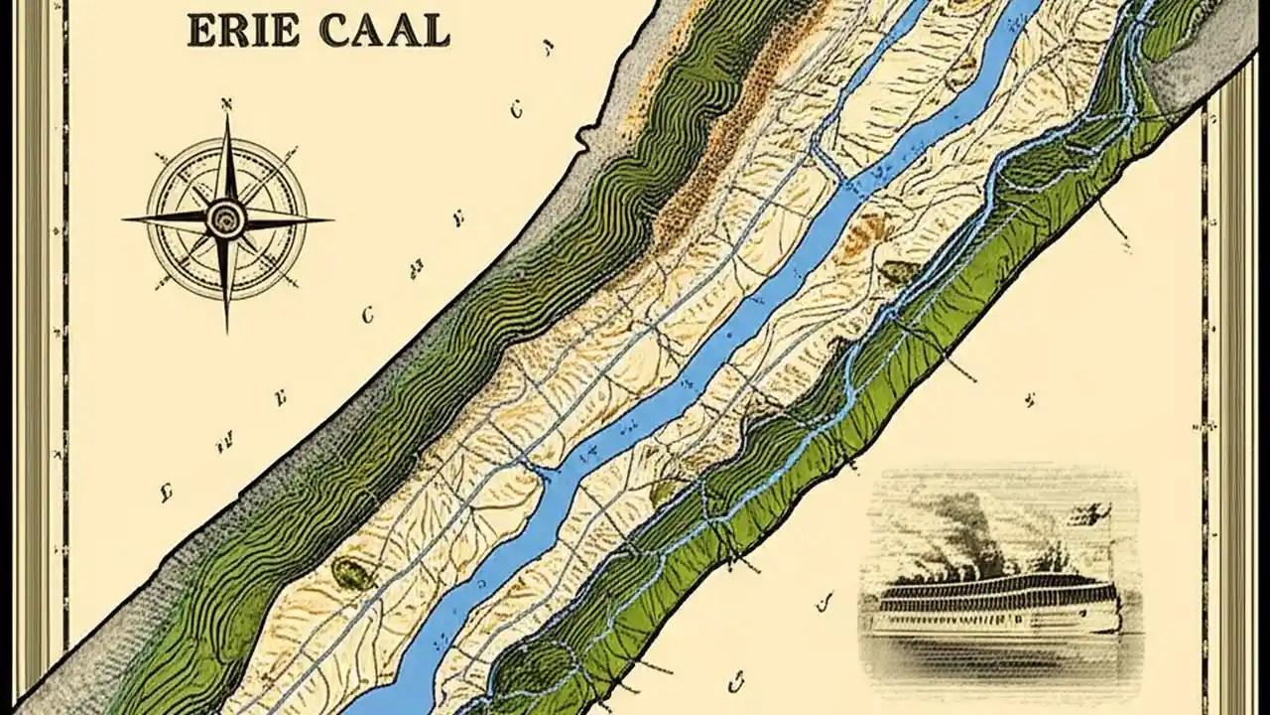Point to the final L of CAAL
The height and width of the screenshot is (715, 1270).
pos(436,31)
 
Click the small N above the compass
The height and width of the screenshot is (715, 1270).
pos(226,102)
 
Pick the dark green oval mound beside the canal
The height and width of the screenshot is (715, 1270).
pos(349,571)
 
